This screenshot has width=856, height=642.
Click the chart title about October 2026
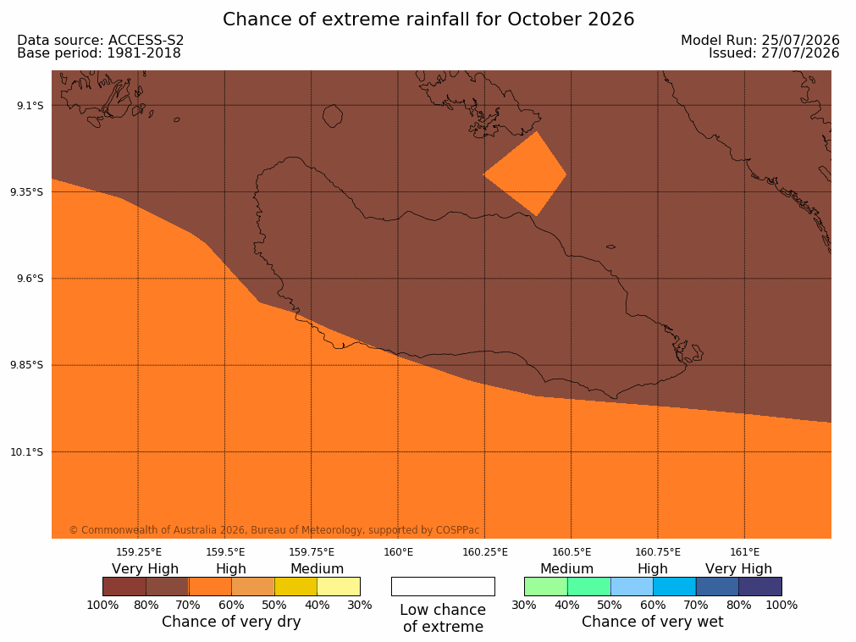coord(428,19)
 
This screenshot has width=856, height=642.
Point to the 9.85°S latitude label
coord(27,365)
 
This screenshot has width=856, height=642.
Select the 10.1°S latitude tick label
coord(27,452)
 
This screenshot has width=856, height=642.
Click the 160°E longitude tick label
coord(398,552)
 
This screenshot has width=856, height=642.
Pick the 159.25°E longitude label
coord(139,552)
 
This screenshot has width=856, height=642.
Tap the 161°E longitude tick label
coord(744,552)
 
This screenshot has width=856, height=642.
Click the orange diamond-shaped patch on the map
coord(525,174)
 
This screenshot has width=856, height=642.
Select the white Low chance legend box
coord(443,586)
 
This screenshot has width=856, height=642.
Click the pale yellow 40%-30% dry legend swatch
coord(339,586)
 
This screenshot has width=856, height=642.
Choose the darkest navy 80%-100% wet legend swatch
coord(760,586)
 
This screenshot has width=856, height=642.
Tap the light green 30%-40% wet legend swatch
coord(546,586)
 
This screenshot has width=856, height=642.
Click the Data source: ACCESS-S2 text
coord(101,41)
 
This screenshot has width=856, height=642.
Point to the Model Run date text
coord(760,41)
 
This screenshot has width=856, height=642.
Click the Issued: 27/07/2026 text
coord(774,53)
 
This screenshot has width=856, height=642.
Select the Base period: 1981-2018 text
coord(99,53)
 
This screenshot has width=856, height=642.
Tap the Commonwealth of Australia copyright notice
coord(274,530)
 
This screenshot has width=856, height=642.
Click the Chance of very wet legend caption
coord(653,622)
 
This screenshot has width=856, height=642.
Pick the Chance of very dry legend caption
coord(231,622)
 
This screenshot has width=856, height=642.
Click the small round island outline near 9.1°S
coord(333,116)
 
